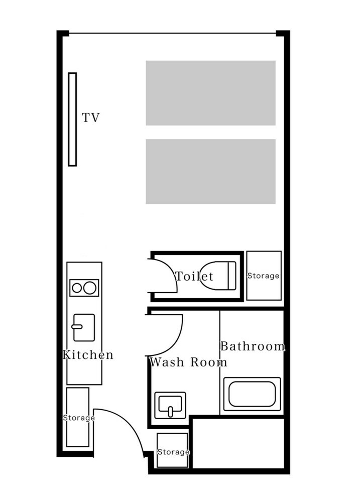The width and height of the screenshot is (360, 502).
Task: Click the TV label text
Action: click(x=91, y=117)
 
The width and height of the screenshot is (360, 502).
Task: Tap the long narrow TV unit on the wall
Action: click(x=72, y=119)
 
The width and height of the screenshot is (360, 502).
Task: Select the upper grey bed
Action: click(x=211, y=93)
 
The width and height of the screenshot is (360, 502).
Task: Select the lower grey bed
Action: click(x=211, y=171)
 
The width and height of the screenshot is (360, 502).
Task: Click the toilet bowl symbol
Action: click(x=218, y=276)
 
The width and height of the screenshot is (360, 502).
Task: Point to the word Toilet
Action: click(x=194, y=276)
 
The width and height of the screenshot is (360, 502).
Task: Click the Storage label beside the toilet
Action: click(x=263, y=276)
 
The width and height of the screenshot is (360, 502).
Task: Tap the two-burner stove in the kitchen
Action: click(x=84, y=288)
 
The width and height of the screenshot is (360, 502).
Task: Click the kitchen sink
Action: click(x=83, y=327)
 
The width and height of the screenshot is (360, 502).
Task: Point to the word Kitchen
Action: click(x=88, y=355)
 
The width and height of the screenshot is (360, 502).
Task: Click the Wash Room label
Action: click(x=188, y=362)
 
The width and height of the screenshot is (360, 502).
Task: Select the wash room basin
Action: click(x=170, y=405)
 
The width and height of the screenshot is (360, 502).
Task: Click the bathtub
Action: click(x=252, y=394)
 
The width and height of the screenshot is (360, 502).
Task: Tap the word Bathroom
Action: click(x=253, y=346)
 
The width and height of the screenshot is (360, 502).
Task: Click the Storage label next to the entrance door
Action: click(x=79, y=418)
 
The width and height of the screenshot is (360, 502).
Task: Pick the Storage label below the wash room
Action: click(x=173, y=452)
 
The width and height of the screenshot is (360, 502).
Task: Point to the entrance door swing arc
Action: click(x=128, y=423)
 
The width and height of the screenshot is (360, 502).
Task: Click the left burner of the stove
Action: click(x=77, y=288)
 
